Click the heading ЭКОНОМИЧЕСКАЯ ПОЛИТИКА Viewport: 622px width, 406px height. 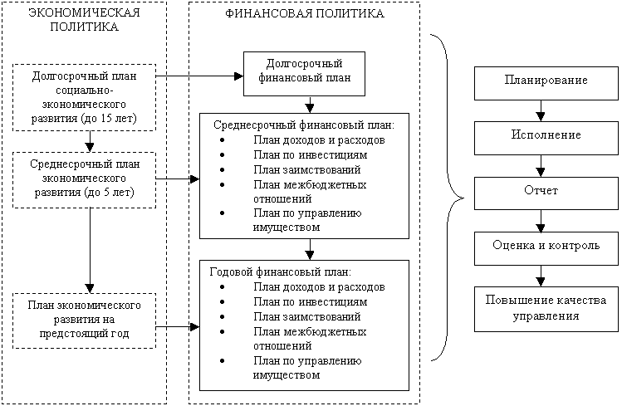click(84, 21)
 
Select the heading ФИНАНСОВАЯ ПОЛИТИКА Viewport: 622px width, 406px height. click(304, 14)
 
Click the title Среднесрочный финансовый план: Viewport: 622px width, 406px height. click(304, 125)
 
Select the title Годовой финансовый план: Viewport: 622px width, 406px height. click(282, 271)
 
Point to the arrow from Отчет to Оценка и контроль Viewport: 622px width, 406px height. click(541, 220)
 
